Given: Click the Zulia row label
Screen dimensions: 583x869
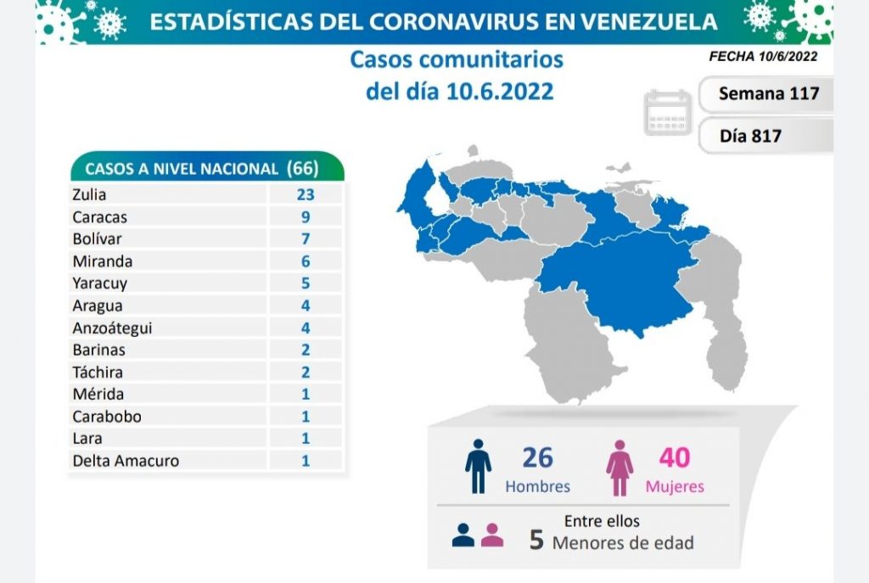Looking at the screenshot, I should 89,194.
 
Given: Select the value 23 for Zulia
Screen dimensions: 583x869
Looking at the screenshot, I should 306,194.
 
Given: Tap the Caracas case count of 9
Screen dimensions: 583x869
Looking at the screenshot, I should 306,216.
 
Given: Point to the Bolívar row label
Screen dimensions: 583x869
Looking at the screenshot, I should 93,239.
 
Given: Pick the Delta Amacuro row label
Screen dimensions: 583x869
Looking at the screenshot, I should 126,461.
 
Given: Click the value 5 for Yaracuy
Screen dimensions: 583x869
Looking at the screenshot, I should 306,283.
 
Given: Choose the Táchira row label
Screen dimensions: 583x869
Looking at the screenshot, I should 98,373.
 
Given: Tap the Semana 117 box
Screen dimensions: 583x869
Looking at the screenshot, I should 766,93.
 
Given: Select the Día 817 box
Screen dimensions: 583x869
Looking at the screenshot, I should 751,136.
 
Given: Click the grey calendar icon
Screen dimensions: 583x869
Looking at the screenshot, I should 669,112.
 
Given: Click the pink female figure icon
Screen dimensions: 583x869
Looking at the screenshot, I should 620,467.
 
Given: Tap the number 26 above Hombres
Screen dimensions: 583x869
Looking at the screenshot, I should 537,457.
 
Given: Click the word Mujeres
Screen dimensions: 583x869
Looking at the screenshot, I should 675,487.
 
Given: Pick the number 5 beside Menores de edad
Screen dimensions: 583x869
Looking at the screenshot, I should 536,541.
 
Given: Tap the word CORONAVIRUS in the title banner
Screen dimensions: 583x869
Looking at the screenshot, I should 449,22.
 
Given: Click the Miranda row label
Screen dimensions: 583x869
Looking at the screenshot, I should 102,261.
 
